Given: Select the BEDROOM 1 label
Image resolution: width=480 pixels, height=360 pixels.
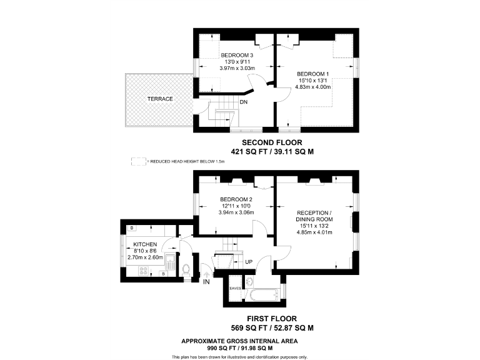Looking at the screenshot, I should (312, 73).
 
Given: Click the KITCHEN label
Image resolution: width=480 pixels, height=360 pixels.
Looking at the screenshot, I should (145, 244).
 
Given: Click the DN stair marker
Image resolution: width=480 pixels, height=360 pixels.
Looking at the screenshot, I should (243, 102).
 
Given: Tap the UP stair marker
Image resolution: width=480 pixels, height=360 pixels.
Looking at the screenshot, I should (249, 261).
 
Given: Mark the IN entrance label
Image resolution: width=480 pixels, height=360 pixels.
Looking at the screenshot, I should (207, 282).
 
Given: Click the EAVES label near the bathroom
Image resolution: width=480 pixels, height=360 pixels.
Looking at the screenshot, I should (235, 288).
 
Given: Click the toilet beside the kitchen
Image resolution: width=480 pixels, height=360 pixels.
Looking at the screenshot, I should (186, 269).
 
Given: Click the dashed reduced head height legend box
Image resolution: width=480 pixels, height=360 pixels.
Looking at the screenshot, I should (137, 161).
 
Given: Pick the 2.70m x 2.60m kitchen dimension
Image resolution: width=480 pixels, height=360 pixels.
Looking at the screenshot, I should (145, 257).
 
